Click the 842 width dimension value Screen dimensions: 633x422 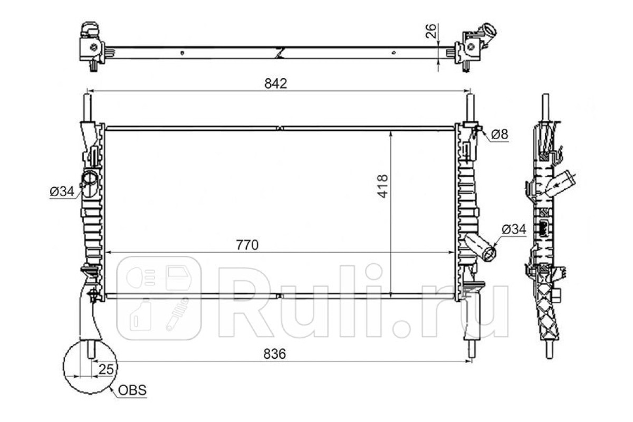coord(275,83)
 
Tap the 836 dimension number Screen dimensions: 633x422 coord(274,354)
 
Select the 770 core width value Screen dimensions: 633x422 coord(247,245)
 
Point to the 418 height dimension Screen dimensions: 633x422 coord(383,186)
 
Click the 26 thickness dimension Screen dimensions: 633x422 coord(431,31)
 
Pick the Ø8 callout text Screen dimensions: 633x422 coord(500,135)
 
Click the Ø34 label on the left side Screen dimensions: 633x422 coord(62,191)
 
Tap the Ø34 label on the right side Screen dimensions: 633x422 coord(514,229)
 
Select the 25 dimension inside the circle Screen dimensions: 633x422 coord(106,369)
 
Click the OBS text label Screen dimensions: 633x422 coord(132,390)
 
